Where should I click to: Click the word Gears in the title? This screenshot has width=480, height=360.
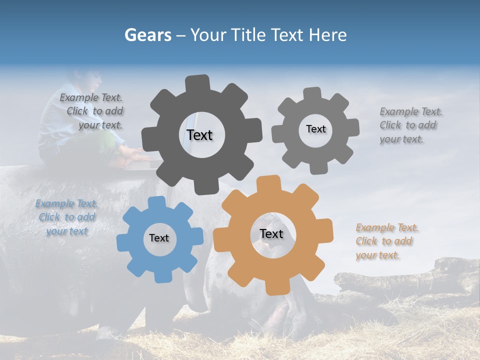[147, 35]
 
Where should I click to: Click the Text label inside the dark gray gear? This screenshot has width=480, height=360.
[199, 135]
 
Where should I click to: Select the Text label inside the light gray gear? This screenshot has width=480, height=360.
[315, 129]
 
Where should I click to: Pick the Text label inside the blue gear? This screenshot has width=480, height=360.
[159, 238]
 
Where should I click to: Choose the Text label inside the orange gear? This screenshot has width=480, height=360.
[271, 233]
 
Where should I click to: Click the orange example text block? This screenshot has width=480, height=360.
[386, 241]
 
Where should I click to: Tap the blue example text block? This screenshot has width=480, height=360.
[67, 217]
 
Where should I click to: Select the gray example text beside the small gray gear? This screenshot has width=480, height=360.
[410, 125]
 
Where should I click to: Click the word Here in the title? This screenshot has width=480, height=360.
[327, 35]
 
